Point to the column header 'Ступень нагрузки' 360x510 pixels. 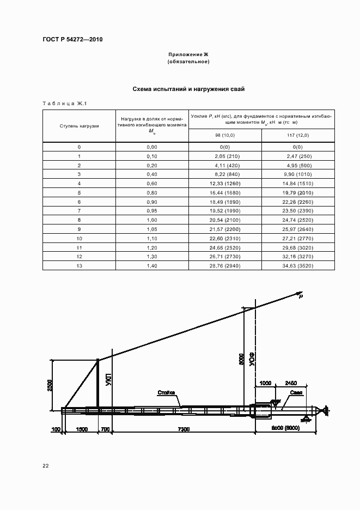[79, 126]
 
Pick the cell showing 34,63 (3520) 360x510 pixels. [298, 266]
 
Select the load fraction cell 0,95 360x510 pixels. [151, 210]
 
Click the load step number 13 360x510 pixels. [79, 266]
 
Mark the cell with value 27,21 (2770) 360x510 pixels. [298, 238]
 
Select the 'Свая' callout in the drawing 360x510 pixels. [296, 392]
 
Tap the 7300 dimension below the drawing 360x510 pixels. [183, 430]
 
